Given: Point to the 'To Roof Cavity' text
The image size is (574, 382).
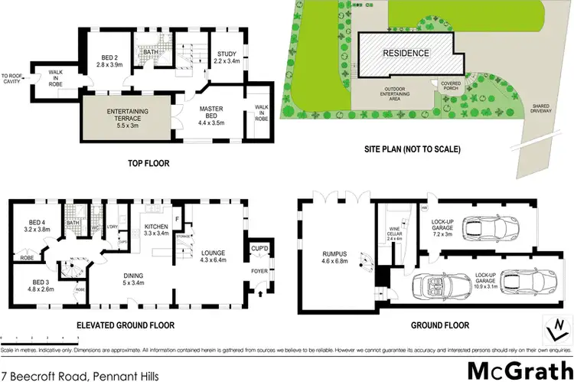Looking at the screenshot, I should coord(13,79).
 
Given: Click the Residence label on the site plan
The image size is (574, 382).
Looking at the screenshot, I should coord(406,53).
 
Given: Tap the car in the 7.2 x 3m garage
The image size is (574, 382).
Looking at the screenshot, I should coord(491,227).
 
